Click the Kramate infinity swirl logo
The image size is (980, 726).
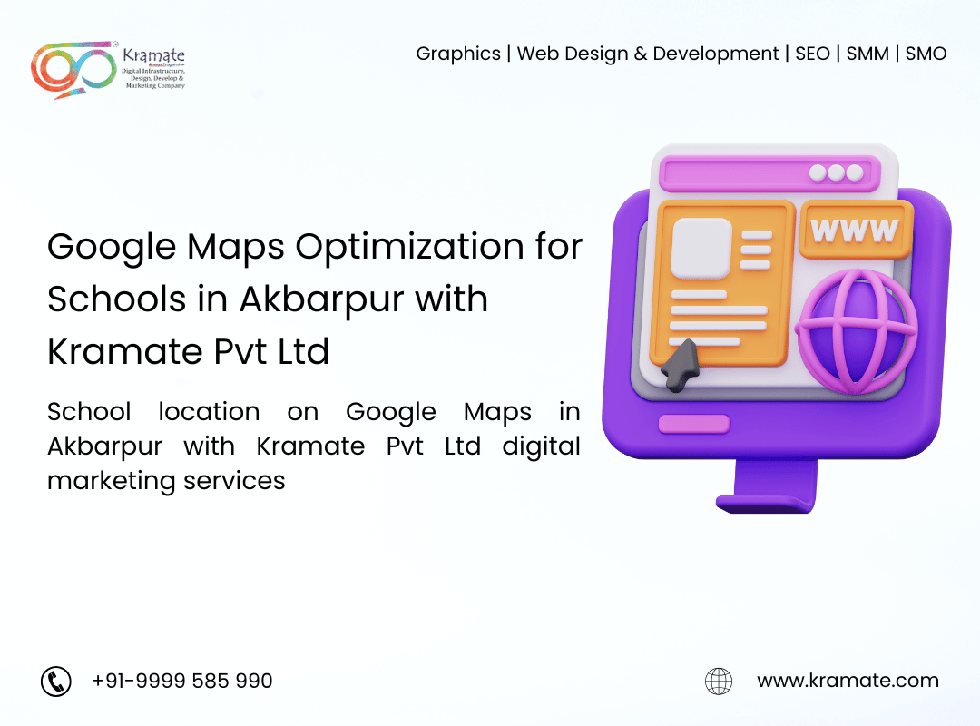coord(73,70)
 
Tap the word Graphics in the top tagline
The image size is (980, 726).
coord(458,54)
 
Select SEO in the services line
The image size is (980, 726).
coord(812,54)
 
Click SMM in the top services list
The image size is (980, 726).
coord(867,54)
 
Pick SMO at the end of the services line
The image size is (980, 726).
coord(926,54)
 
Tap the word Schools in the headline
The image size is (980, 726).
coord(117,299)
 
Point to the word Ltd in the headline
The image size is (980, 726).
coord(303,351)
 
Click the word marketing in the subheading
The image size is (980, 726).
coord(112,482)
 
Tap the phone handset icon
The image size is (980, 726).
coord(56,681)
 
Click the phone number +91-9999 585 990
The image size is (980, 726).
coord(181,681)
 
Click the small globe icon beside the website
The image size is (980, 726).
coord(719,681)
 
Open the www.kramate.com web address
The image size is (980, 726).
coord(848,681)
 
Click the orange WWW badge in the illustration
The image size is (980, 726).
coord(856,230)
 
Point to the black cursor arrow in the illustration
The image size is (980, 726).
coord(680,365)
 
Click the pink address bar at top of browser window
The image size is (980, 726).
coord(770,173)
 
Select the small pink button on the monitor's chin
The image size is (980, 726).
coord(694,424)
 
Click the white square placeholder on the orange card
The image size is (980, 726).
coord(701,249)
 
